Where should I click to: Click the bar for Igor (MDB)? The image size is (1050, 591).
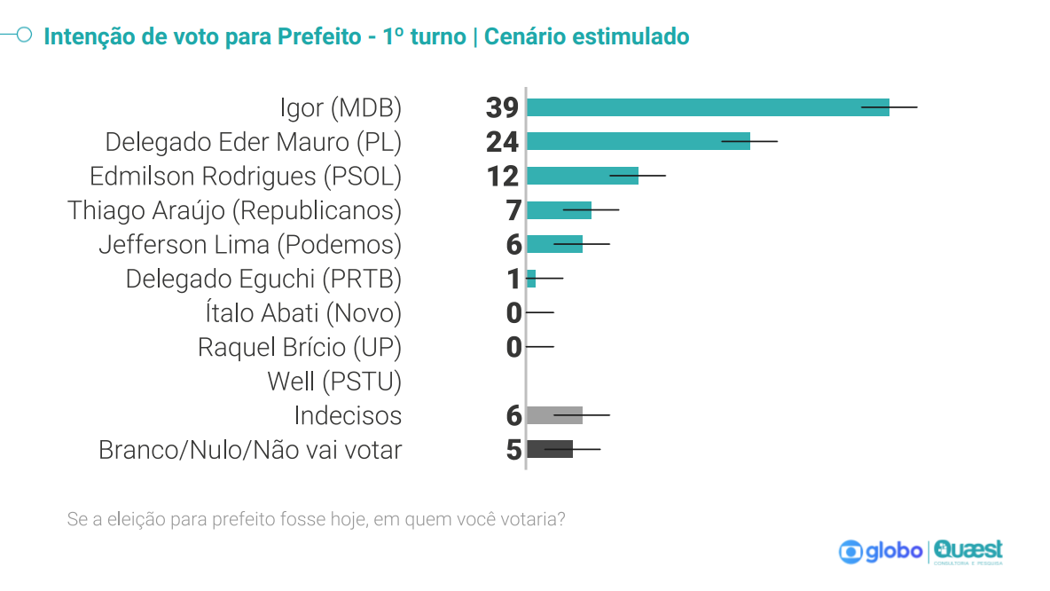tap(707, 107)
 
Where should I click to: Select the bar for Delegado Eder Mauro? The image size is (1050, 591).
tap(638, 141)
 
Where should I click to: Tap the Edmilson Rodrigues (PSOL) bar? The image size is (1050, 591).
tap(582, 176)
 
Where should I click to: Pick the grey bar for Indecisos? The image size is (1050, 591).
tap(554, 415)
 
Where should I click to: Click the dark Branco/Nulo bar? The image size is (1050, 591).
tap(549, 449)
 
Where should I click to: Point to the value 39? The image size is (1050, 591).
tap(502, 108)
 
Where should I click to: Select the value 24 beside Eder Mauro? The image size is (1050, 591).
tap(502, 142)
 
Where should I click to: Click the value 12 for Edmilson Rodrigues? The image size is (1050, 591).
tap(502, 177)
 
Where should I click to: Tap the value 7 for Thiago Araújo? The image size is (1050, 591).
tap(513, 211)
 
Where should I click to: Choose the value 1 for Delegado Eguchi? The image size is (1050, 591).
tap(513, 280)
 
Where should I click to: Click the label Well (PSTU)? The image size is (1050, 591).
tap(334, 382)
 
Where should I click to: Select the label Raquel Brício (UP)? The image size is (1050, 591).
tap(300, 347)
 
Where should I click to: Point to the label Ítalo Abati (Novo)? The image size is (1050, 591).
tap(303, 313)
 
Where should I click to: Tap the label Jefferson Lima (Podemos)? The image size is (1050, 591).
tap(250, 245)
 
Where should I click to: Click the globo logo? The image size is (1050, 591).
tap(881, 551)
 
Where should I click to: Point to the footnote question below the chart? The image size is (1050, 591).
tap(316, 519)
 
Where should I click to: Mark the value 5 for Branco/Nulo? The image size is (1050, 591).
tap(513, 450)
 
